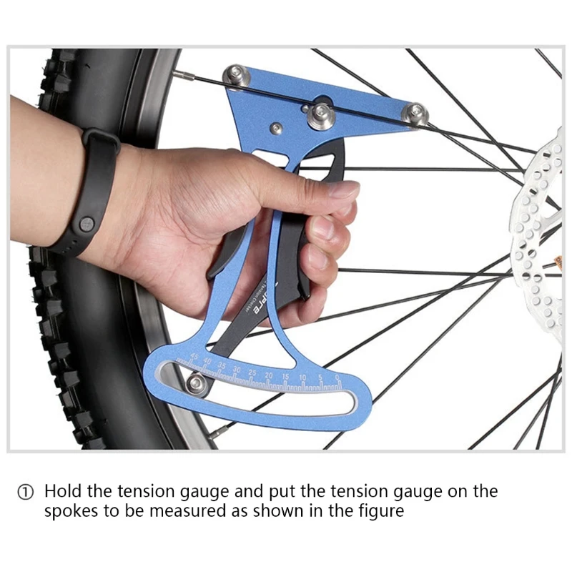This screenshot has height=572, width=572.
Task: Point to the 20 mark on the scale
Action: (269, 375)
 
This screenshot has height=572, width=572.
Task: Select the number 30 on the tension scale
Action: (237, 369)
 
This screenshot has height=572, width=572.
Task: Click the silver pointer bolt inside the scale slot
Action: (194, 384)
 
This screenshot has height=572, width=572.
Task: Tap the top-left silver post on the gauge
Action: (236, 75)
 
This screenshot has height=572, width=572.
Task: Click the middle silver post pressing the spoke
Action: (319, 114)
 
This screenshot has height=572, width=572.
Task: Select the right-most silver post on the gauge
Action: (415, 113)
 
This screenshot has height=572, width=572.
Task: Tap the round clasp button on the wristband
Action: (87, 224)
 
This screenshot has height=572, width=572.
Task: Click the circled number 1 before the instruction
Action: (26, 493)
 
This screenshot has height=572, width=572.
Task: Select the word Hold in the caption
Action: (61, 492)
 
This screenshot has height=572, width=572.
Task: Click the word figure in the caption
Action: (383, 511)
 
